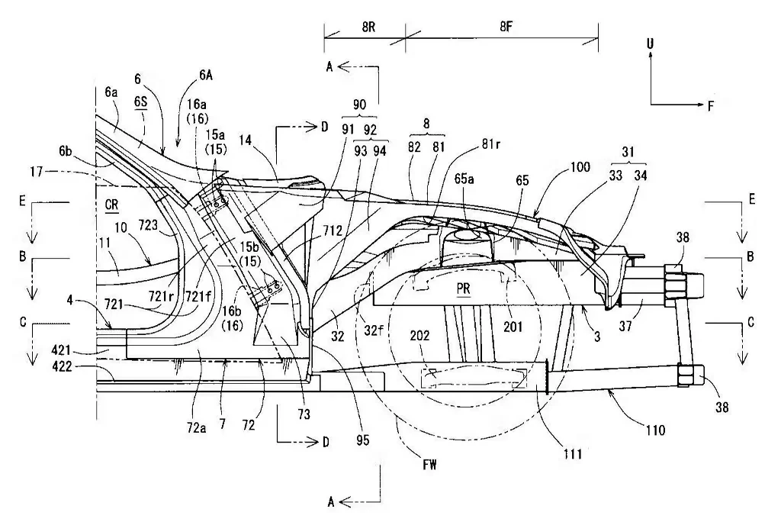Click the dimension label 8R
(368, 27)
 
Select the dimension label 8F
(506, 27)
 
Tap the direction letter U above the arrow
(650, 43)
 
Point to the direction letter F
(711, 105)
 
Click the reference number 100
(580, 166)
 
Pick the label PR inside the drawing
(463, 288)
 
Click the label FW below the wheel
(429, 465)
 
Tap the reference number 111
(573, 453)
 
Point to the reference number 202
(420, 335)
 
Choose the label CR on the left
(111, 205)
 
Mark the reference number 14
(245, 140)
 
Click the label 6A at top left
(206, 75)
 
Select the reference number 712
(333, 230)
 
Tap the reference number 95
(363, 440)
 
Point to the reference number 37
(625, 326)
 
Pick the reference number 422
(62, 367)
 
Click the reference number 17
(37, 172)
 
